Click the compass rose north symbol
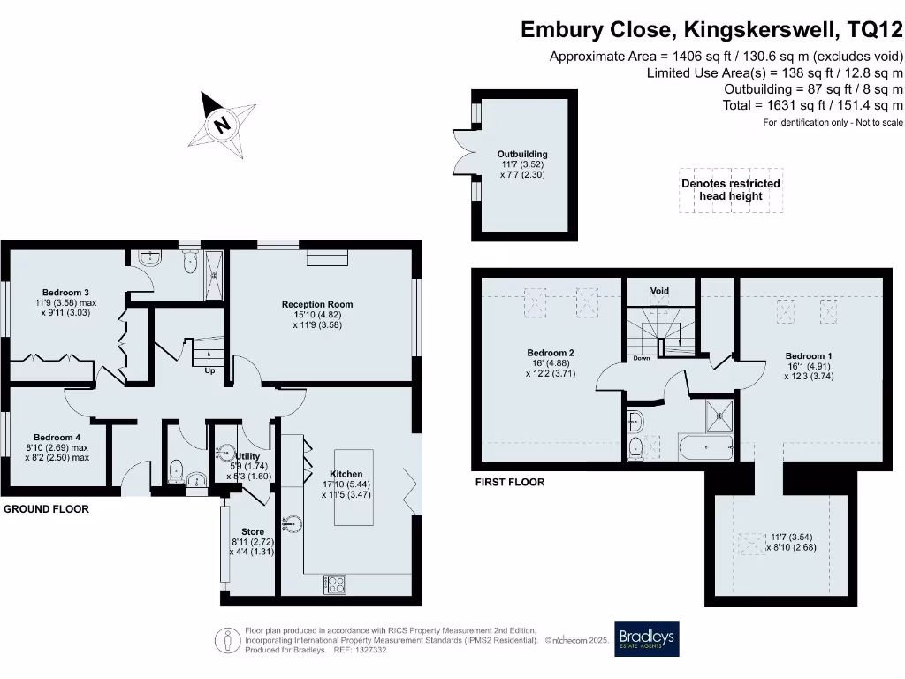point(220,124)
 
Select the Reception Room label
point(316,304)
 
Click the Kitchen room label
point(346,474)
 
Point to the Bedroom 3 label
point(66,293)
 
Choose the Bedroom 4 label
point(57,437)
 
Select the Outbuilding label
point(522,154)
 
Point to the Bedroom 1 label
point(808,356)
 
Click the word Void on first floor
point(659,291)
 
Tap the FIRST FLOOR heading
point(509,483)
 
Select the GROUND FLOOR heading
point(46,510)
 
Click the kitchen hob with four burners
point(335,584)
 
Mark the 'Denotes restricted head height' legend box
point(730,190)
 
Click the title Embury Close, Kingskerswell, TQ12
point(711,30)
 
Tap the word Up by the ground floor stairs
point(209,371)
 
